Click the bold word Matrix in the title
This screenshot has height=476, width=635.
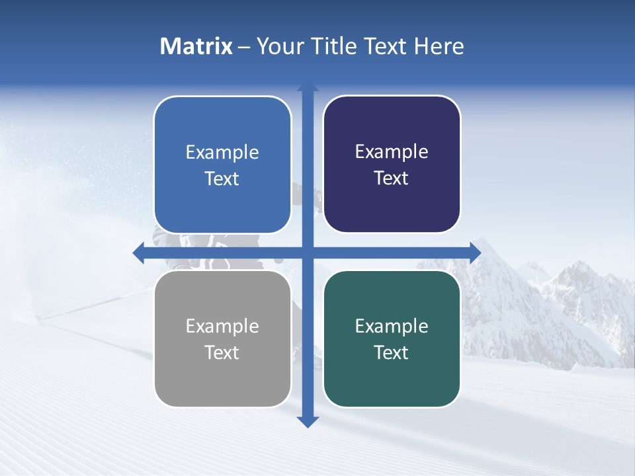pyautogui.click(x=196, y=46)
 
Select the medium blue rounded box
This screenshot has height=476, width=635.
pyautogui.click(x=222, y=165)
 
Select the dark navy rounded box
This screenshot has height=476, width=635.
pyautogui.click(x=392, y=165)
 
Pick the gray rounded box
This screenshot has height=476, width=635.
pyautogui.click(x=222, y=338)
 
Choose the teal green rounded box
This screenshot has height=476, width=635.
pyautogui.click(x=392, y=338)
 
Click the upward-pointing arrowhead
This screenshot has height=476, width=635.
pyautogui.click(x=308, y=88)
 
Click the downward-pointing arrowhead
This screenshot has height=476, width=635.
pyautogui.click(x=308, y=421)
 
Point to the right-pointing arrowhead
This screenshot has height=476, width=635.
pyautogui.click(x=474, y=252)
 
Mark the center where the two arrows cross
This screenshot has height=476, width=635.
pyautogui.click(x=308, y=252)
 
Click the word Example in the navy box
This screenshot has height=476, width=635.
pyautogui.click(x=392, y=151)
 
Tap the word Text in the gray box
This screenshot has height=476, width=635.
pyautogui.click(x=222, y=352)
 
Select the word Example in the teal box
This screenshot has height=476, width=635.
pyautogui.click(x=392, y=326)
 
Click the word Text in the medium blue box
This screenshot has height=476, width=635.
pyautogui.click(x=222, y=178)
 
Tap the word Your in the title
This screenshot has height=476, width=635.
pyautogui.click(x=277, y=46)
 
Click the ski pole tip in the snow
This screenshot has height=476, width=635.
pyautogui.click(x=40, y=319)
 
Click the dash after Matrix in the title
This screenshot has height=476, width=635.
pyautogui.click(x=244, y=47)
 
